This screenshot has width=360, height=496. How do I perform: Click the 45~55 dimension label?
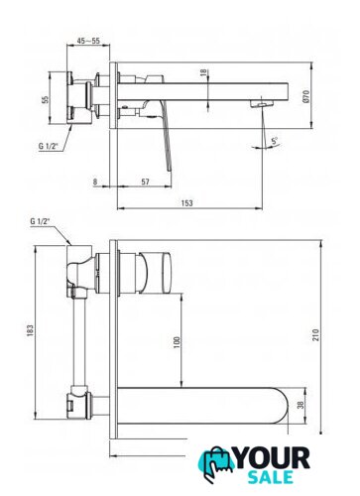(88, 41)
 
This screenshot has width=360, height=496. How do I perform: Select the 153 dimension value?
(186, 202)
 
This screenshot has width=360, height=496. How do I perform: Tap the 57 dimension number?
(145, 182)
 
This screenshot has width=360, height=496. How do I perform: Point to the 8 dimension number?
(95, 182)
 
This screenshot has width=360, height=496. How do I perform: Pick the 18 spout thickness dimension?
(203, 72)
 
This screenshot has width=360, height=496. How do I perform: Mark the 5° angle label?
(275, 141)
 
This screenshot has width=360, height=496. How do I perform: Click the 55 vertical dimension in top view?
(45, 99)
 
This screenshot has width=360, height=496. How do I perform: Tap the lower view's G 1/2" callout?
(40, 221)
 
